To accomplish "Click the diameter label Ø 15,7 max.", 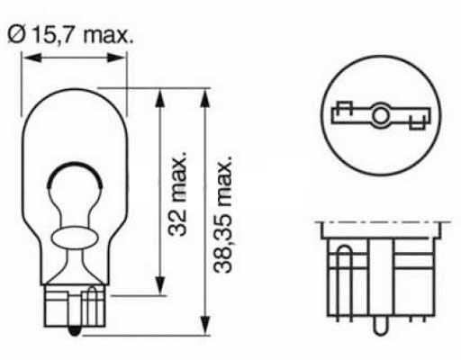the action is click(x=70, y=34).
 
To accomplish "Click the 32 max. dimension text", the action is click(x=177, y=193).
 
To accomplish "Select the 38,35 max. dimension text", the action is click(x=223, y=214).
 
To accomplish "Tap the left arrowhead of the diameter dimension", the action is click(x=32, y=58).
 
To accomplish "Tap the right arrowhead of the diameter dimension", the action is click(x=116, y=58).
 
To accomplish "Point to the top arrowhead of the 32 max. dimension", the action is click(x=159, y=98).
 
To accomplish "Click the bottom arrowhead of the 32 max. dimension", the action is click(x=159, y=285).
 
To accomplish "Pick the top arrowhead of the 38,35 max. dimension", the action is click(x=204, y=98).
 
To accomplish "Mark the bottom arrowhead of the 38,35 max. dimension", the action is click(x=204, y=325).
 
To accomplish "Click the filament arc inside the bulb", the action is click(x=75, y=164).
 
